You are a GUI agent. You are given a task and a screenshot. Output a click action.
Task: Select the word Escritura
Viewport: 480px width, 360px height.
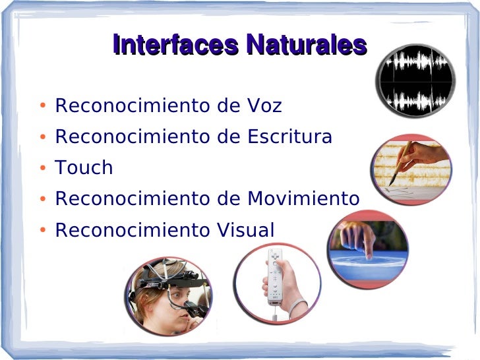tap(289, 136)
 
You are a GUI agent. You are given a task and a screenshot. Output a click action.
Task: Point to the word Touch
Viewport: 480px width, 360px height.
tap(84, 167)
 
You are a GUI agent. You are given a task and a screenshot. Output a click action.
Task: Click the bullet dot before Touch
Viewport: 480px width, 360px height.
tap(42, 169)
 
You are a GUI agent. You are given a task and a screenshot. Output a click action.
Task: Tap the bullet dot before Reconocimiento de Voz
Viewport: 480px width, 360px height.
tap(42, 107)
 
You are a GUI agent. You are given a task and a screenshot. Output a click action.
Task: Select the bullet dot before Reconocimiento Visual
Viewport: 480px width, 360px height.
tap(42, 231)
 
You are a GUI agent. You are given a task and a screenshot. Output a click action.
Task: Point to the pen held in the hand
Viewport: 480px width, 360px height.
tap(400, 162)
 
